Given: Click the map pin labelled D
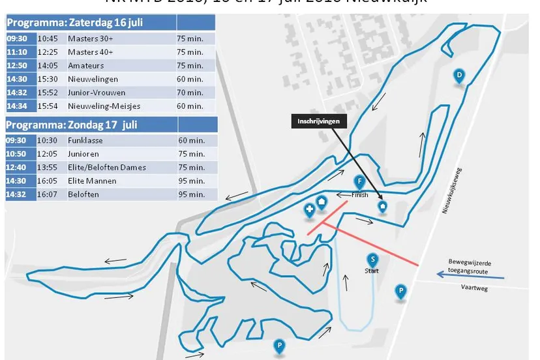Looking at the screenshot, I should pyautogui.click(x=459, y=76).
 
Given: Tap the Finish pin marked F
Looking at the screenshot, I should pyautogui.click(x=359, y=182).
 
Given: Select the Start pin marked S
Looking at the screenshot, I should pyautogui.click(x=372, y=260).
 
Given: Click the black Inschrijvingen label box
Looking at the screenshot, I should pyautogui.click(x=319, y=121).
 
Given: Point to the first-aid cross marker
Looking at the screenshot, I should pyautogui.click(x=310, y=209).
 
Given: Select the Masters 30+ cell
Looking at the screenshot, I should pyautogui.click(x=91, y=38).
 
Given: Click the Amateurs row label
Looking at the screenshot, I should pyautogui.click(x=86, y=66).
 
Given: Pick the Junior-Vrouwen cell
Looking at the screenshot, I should pyautogui.click(x=97, y=93).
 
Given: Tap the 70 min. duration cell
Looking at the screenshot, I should pyautogui.click(x=190, y=93).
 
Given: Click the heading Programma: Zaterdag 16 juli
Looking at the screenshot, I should pyautogui.click(x=75, y=23).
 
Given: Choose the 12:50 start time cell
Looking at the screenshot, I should pyautogui.click(x=17, y=66).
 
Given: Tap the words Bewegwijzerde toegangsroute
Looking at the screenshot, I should pyautogui.click(x=470, y=266).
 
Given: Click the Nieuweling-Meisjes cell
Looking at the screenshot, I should pyautogui.click(x=104, y=106).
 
